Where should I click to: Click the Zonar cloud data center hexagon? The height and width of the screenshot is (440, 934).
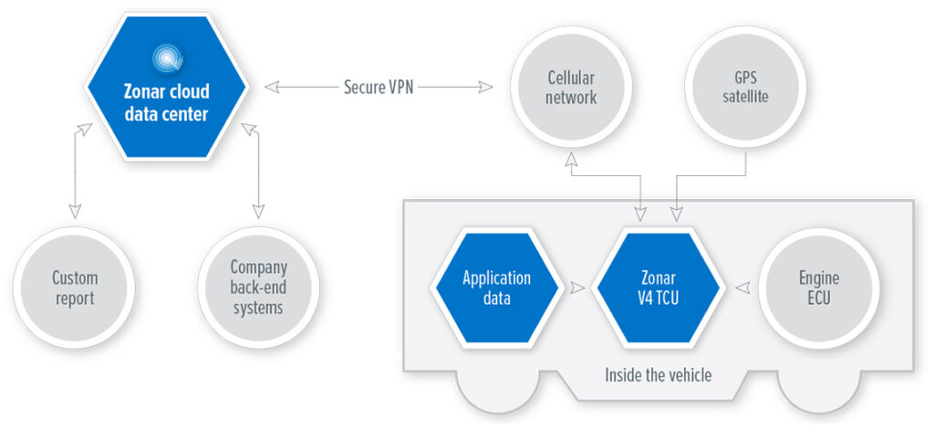click(166, 87)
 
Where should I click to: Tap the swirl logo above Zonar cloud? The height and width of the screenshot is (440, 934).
click(166, 58)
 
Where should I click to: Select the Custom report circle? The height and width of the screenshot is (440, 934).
click(76, 288)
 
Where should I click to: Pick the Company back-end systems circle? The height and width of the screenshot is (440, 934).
click(258, 288)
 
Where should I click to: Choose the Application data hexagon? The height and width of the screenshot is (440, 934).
click(497, 288)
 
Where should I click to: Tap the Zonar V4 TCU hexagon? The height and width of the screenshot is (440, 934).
click(659, 288)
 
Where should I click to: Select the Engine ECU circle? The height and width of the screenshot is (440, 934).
click(820, 288)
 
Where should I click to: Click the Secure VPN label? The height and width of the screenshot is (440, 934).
click(379, 88)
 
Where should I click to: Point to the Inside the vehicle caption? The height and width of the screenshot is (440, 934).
click(659, 375)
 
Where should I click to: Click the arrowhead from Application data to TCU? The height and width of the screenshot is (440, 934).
click(577, 288)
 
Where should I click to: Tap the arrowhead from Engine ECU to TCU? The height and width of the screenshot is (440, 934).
click(742, 288)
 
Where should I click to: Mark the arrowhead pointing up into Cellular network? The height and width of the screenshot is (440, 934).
click(571, 157)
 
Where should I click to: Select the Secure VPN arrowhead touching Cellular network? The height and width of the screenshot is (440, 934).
click(485, 88)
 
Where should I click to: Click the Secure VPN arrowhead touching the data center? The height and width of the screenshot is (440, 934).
click(272, 88)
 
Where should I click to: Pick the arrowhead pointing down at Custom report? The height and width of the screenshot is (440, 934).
click(75, 211)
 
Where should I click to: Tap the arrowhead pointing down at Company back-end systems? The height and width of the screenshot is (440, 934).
click(258, 211)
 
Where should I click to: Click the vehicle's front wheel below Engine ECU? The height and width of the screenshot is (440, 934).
click(819, 393)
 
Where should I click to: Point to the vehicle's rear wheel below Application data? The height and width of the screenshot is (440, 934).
click(497, 393)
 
